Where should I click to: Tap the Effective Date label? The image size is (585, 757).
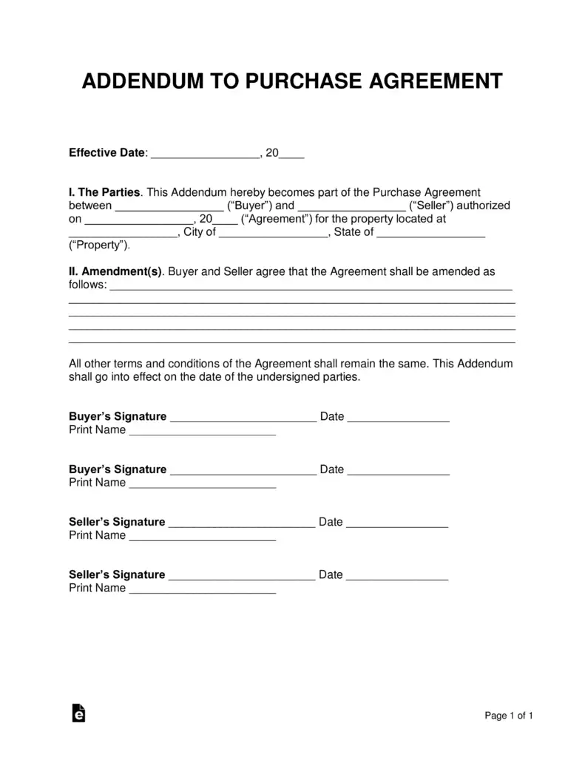pos(108,153)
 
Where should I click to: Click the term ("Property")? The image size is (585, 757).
pos(99,245)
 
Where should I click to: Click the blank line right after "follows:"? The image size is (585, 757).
pos(311,287)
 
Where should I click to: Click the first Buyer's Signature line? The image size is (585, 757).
pos(243,418)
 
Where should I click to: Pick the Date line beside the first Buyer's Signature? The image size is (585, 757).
pos(398,418)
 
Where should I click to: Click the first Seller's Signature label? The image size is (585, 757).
pos(117,522)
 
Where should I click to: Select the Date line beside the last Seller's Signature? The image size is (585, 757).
pos(397,577)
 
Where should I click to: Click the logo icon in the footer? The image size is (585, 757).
pos(78,713)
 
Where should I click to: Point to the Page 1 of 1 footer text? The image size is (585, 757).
pos(509,716)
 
